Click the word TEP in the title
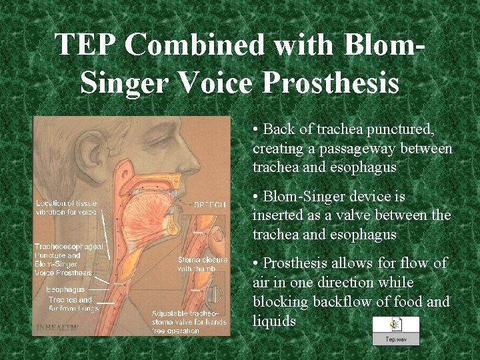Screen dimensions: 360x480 coord(85,45)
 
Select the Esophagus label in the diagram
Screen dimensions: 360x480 coord(65,290)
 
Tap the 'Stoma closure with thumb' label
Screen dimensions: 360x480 coord(202,264)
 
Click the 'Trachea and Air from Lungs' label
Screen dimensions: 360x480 coord(73,304)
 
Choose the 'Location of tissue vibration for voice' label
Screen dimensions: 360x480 coord(66,207)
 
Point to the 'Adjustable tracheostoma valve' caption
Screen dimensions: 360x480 coord(189,322)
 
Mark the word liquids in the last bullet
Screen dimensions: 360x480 coord(275,321)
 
